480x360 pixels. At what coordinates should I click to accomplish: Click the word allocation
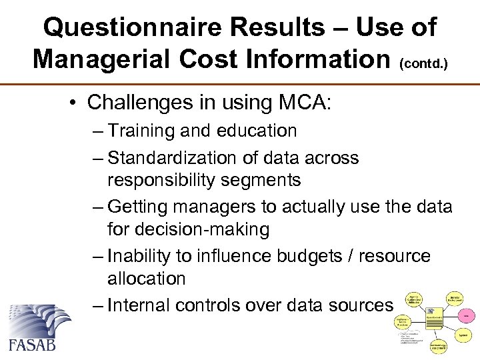pos(147,279)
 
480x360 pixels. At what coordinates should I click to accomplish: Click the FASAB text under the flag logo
pos(33,343)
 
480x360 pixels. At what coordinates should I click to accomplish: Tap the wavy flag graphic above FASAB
pos(39,319)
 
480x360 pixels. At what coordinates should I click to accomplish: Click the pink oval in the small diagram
pos(465,313)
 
